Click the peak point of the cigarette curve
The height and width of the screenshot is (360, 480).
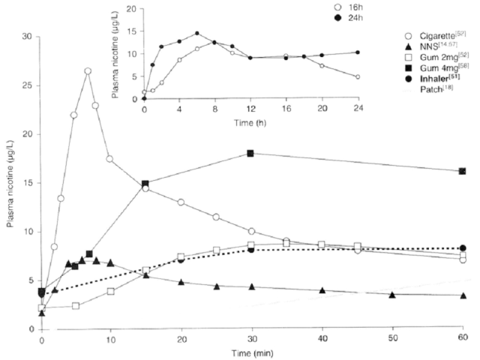click(x=88, y=71)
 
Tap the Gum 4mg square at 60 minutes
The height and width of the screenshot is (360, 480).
click(x=463, y=171)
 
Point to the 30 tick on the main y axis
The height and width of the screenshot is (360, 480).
click(x=31, y=36)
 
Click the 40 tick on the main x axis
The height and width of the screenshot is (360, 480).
click(x=322, y=339)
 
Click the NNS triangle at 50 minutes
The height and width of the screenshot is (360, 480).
click(x=392, y=295)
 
